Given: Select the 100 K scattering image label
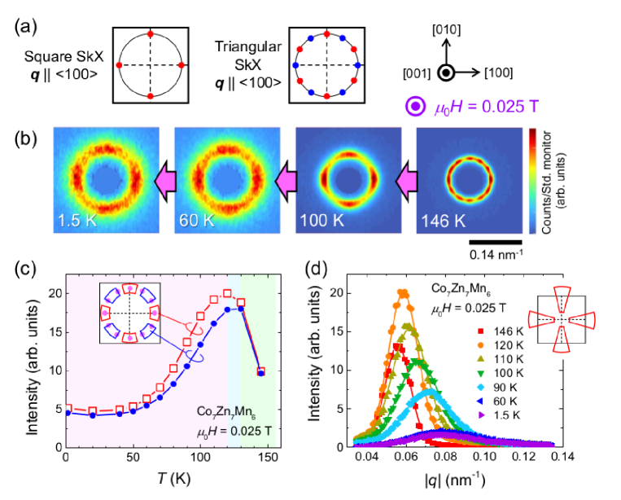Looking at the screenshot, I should [x=319, y=220].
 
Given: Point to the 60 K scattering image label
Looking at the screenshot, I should [x=195, y=220].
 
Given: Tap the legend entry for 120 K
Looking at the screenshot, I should [x=497, y=344].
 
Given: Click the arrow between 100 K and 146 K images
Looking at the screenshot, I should [x=405, y=179].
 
